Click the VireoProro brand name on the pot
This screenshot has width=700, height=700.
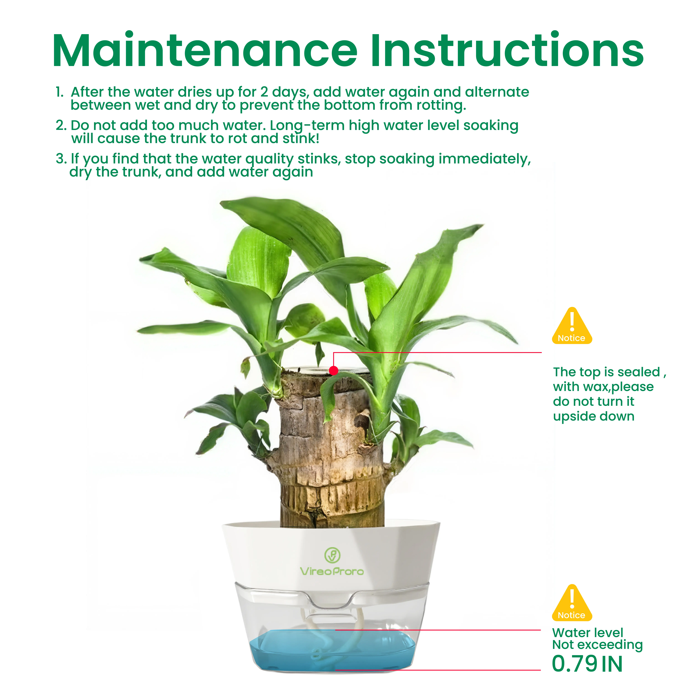point(332,571)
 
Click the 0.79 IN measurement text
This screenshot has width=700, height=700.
point(587,664)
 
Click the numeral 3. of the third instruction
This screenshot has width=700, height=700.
point(61,159)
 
